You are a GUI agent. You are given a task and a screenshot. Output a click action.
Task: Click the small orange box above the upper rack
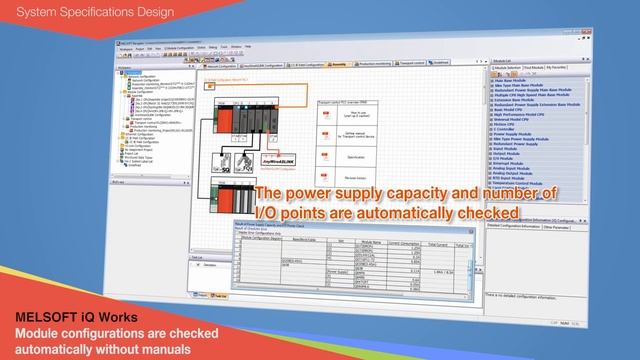point(210,87)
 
